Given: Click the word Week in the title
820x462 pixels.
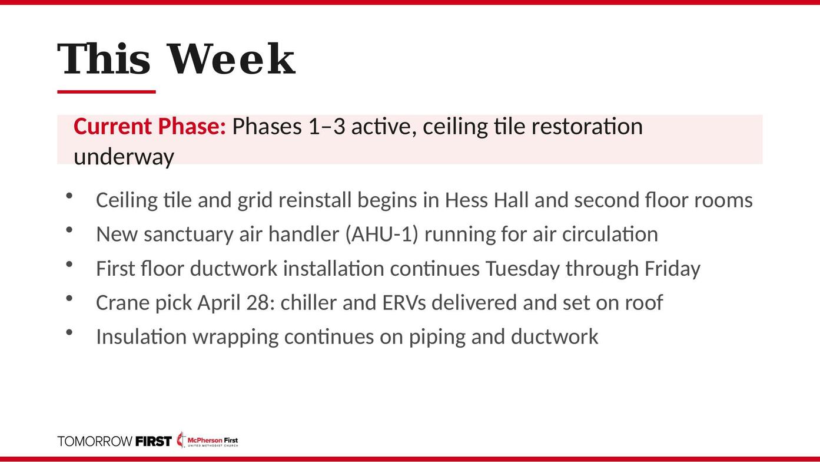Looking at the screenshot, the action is click(x=231, y=59).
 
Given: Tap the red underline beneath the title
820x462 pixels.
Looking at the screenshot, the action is click(x=107, y=91).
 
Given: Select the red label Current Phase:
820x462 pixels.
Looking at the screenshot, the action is click(x=150, y=126).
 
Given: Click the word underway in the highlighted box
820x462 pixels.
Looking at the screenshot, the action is click(x=124, y=157).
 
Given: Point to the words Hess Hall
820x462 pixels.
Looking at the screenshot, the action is click(x=486, y=200).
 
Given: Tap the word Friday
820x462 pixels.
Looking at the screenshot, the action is click(x=672, y=269).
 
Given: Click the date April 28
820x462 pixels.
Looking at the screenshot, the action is click(x=234, y=303).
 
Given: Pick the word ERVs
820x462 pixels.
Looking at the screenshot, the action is click(x=404, y=303).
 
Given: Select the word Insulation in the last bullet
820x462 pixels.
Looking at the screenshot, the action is click(x=141, y=336).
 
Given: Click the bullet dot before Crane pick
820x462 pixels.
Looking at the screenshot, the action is click(x=69, y=299).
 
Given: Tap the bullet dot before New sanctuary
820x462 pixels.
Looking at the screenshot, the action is click(x=69, y=230).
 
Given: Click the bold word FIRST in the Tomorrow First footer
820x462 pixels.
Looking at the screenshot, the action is click(x=154, y=441).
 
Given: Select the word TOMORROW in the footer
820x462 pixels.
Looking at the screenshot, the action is click(x=95, y=441).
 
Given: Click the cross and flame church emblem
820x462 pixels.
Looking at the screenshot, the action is click(x=181, y=440).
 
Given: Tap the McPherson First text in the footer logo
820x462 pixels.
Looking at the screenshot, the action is click(x=213, y=440).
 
